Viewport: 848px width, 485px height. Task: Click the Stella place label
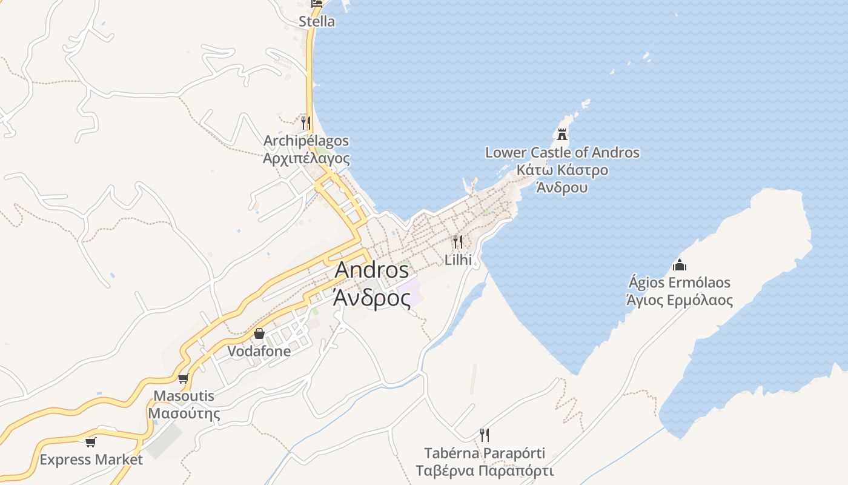[x=316, y=22]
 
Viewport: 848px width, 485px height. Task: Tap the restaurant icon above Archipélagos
[x=306, y=123]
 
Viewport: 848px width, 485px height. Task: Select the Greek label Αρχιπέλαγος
[x=306, y=159]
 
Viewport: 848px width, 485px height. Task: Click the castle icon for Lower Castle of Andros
[x=562, y=134]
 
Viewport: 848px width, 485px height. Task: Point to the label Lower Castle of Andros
[x=562, y=152]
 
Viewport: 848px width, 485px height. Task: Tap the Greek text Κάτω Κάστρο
[x=562, y=170]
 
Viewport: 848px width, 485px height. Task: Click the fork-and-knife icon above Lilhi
[x=458, y=242]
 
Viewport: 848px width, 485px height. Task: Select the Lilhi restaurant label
[x=458, y=260]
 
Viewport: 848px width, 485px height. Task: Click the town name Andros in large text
[x=371, y=270]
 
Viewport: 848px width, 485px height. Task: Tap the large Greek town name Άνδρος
[x=371, y=298]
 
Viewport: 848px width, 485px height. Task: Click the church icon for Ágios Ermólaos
[x=680, y=265]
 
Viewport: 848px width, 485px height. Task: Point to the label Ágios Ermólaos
[x=680, y=283]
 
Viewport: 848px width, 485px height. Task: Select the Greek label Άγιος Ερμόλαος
[x=680, y=300]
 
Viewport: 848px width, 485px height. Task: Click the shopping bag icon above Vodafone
[x=259, y=333]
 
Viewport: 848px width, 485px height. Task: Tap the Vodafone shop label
[x=259, y=351]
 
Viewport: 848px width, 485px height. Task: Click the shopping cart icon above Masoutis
[x=183, y=378]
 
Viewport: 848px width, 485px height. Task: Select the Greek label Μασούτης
[x=184, y=414]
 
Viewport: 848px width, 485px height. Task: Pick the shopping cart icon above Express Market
[x=91, y=442]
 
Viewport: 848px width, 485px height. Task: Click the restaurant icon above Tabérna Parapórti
[x=485, y=435]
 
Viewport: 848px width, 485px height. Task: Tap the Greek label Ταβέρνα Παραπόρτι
[x=485, y=471]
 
